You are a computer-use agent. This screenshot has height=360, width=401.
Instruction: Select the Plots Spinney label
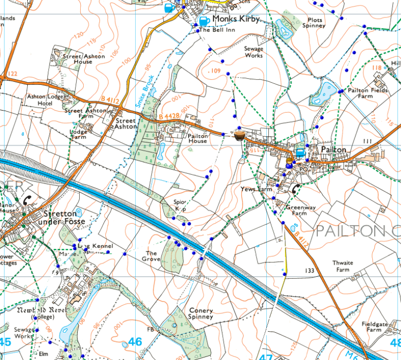[x=314, y=23]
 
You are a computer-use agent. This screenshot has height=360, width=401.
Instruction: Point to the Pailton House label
[x=197, y=138]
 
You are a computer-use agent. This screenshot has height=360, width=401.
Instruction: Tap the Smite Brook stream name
[x=144, y=93]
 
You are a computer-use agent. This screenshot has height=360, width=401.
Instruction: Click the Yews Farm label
[x=256, y=189]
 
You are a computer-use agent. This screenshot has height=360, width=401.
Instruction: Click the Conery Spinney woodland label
[x=200, y=314]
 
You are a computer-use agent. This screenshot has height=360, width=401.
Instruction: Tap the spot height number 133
[x=309, y=270]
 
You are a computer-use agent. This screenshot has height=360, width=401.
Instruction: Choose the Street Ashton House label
[x=83, y=59]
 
